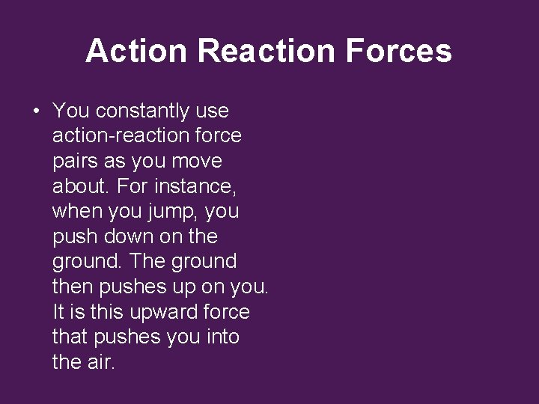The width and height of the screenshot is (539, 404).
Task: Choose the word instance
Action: pos(198,186)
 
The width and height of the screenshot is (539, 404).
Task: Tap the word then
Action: pos(73,287)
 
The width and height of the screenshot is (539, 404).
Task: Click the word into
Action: pos(222,337)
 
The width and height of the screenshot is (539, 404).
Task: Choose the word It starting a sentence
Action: pos(59,312)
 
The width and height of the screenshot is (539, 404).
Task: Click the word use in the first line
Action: pos(212,111)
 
